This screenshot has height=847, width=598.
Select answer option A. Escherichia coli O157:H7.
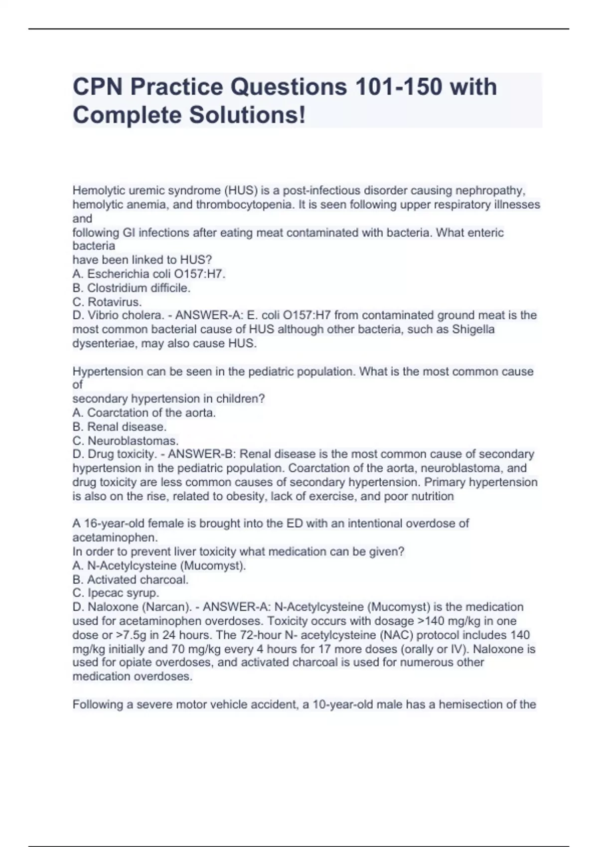(149, 274)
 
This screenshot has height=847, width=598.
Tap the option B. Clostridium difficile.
(132, 287)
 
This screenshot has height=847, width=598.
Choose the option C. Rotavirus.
(107, 301)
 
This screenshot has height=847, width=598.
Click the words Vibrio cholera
(126, 315)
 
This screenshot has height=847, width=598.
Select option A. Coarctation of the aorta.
(144, 413)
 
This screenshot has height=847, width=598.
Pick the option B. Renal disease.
(120, 426)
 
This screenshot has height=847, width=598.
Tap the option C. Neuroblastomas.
(126, 440)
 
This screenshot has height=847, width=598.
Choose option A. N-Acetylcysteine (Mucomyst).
(159, 565)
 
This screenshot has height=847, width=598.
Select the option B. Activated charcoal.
(131, 579)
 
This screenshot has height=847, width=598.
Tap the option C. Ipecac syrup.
(116, 593)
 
